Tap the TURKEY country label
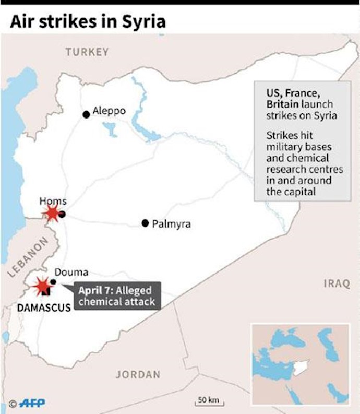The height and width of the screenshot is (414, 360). pyautogui.click(x=87, y=52)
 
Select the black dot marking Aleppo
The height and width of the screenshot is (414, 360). pyautogui.click(x=86, y=114)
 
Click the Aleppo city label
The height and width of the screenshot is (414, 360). pyautogui.click(x=109, y=111)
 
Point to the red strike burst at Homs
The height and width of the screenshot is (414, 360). pyautogui.click(x=51, y=213)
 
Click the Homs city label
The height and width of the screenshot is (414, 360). pyautogui.click(x=52, y=201)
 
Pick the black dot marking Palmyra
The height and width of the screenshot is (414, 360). pyautogui.click(x=145, y=223)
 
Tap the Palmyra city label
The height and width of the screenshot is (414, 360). pyautogui.click(x=171, y=224)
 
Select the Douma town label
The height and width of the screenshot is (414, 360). pyautogui.click(x=71, y=272)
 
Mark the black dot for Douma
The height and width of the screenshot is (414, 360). pyautogui.click(x=53, y=282)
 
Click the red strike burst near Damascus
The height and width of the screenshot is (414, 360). pyautogui.click(x=41, y=286)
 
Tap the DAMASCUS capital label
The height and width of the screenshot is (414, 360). pyautogui.click(x=44, y=308)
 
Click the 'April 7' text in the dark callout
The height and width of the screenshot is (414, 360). pyautogui.click(x=95, y=291)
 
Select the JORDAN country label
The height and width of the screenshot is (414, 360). pyautogui.click(x=138, y=374)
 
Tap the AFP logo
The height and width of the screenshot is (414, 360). pyautogui.click(x=32, y=403)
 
